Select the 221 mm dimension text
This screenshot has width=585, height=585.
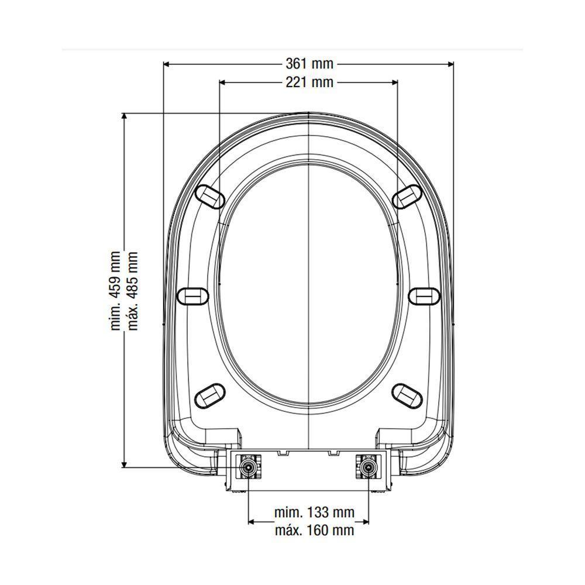[x=309, y=82]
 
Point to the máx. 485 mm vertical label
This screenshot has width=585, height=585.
[x=133, y=291]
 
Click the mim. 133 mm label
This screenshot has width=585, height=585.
[x=314, y=513]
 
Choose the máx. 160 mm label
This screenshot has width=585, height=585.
[x=314, y=531]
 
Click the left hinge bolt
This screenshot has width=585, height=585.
[x=249, y=467]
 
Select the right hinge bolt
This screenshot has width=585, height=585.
[x=368, y=467]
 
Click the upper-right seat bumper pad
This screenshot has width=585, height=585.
[x=407, y=196]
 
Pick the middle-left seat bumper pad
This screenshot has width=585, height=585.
[x=192, y=295]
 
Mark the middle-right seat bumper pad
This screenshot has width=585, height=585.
[x=424, y=295]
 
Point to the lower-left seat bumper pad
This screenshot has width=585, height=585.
[x=209, y=395]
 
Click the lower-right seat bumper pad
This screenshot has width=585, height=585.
[x=408, y=395]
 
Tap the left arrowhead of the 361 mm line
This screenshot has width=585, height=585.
[x=167, y=64]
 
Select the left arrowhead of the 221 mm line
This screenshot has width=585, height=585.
[x=222, y=82]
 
